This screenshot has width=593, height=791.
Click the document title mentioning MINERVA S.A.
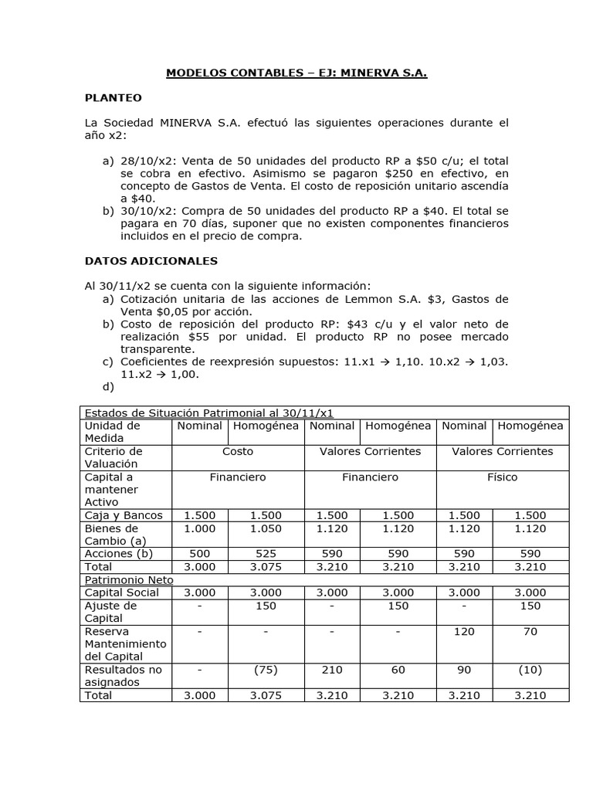(296, 73)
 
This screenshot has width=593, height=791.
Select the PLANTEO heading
(113, 98)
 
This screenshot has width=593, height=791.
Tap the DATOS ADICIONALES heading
(151, 261)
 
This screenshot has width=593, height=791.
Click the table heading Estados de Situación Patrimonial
(208, 412)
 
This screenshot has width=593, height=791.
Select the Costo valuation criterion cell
(238, 451)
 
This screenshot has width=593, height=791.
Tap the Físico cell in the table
(502, 477)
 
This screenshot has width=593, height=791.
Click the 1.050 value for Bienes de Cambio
(266, 528)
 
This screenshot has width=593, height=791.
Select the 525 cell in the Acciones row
(266, 554)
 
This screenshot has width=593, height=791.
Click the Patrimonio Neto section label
(129, 579)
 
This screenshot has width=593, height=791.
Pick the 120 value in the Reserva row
(464, 631)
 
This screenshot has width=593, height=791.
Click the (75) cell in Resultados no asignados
(266, 670)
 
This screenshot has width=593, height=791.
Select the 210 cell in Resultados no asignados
(331, 670)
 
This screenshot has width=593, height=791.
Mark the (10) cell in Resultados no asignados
(530, 670)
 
